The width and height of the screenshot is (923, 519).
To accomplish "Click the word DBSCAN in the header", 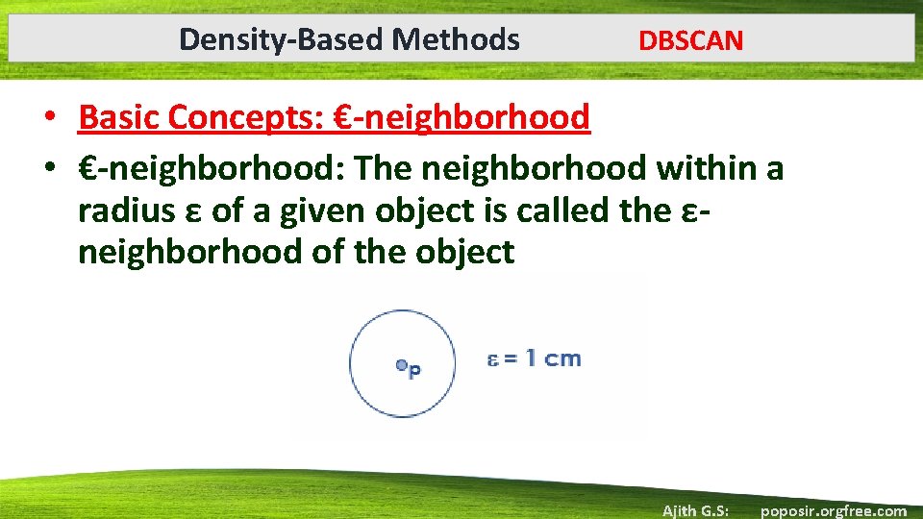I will click(x=690, y=41).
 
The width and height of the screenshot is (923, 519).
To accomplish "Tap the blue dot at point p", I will click(x=401, y=365).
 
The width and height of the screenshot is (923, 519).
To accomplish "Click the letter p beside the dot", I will click(x=414, y=370).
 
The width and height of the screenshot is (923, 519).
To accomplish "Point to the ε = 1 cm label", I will click(x=533, y=359).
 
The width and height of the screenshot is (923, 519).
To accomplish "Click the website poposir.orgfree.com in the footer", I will click(x=833, y=510).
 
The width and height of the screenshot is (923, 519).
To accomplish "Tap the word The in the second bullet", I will click(x=386, y=168).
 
